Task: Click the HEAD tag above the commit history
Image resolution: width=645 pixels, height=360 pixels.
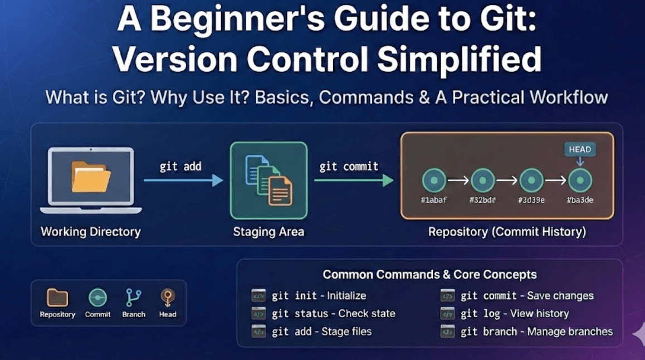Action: coord(580,149)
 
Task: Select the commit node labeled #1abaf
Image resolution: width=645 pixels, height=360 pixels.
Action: coord(434,181)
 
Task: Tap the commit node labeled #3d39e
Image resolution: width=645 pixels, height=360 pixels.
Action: coord(531,181)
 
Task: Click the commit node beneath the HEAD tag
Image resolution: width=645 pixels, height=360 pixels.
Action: coord(580,181)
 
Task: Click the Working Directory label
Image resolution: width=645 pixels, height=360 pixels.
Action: coord(91,231)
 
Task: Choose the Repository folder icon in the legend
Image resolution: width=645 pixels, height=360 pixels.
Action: coord(57,298)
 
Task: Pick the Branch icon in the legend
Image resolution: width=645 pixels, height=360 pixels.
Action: coord(134,298)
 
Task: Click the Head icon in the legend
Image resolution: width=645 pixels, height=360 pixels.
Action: coord(168,298)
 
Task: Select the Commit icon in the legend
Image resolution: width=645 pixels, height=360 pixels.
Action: coord(98,298)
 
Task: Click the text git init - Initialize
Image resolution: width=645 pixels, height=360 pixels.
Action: coord(319,296)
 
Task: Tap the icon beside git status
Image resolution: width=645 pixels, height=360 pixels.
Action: coord(258,314)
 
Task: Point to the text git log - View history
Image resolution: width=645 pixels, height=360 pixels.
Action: coord(514,314)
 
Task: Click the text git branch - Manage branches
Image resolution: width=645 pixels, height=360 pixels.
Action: coord(536,332)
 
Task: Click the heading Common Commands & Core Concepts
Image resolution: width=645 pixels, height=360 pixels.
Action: coord(429,275)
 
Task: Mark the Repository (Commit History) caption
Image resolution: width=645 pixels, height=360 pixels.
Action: coord(507,231)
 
